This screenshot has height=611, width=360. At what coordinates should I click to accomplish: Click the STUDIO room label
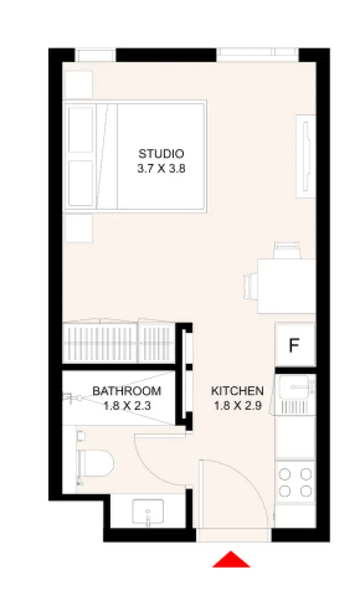click(x=161, y=154)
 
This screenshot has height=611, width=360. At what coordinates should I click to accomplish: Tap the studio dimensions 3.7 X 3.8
click(x=161, y=168)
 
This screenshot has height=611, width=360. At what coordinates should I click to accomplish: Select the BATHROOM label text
click(x=127, y=391)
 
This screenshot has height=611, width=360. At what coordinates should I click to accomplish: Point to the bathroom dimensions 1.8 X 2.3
click(x=127, y=405)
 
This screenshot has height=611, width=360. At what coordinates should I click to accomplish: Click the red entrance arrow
click(x=231, y=559)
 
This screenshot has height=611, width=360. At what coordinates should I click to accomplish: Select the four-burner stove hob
click(x=296, y=482)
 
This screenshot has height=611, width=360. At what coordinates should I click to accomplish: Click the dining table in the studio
click(x=287, y=286)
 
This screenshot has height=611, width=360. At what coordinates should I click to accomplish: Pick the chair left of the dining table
click(x=251, y=286)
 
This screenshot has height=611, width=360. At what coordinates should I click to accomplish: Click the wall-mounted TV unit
click(x=306, y=156)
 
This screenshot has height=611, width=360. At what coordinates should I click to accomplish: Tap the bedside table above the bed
click(x=78, y=84)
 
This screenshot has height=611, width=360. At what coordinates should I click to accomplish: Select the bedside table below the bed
click(x=78, y=228)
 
